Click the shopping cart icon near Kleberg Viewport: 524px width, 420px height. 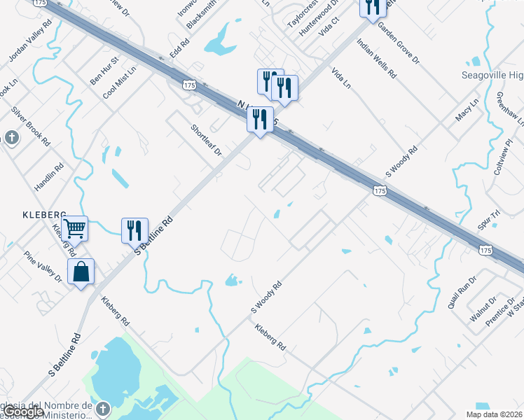(x=74, y=227)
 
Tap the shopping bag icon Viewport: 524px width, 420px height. (x=81, y=272)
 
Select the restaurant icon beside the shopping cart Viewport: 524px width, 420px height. (x=134, y=230)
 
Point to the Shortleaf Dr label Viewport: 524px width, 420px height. (x=206, y=140)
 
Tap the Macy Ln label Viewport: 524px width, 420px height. (x=467, y=110)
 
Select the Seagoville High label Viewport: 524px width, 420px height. (x=492, y=76)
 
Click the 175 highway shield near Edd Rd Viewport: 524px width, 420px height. (x=188, y=84)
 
